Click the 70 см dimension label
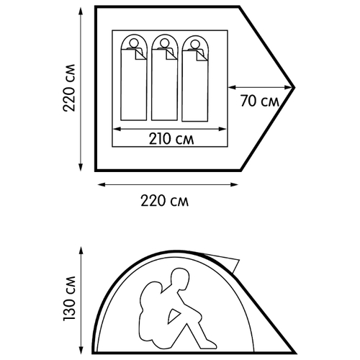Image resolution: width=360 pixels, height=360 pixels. [x=260, y=101]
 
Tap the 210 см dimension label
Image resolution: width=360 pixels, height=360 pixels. [x=171, y=139]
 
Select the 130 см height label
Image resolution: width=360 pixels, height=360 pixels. [x=69, y=298]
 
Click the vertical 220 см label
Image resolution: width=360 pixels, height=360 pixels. [x=69, y=88]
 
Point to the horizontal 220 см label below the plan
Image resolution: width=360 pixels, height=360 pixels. [x=164, y=201]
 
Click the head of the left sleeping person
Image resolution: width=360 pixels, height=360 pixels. [x=134, y=43]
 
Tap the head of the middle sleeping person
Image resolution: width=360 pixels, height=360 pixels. [x=164, y=43]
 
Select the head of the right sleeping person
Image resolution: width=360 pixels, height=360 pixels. [x=195, y=44]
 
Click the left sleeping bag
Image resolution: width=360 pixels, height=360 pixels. [x=134, y=78]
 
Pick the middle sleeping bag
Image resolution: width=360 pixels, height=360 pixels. [x=164, y=78]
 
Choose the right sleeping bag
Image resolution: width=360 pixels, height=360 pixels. [x=195, y=78]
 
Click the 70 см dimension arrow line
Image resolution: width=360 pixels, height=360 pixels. [x=261, y=88]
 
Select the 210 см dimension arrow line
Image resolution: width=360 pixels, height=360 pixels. [x=169, y=129]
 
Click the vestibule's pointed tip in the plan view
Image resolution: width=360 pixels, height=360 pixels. [x=294, y=88]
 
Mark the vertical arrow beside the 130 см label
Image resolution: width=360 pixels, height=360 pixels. [x=81, y=300]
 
